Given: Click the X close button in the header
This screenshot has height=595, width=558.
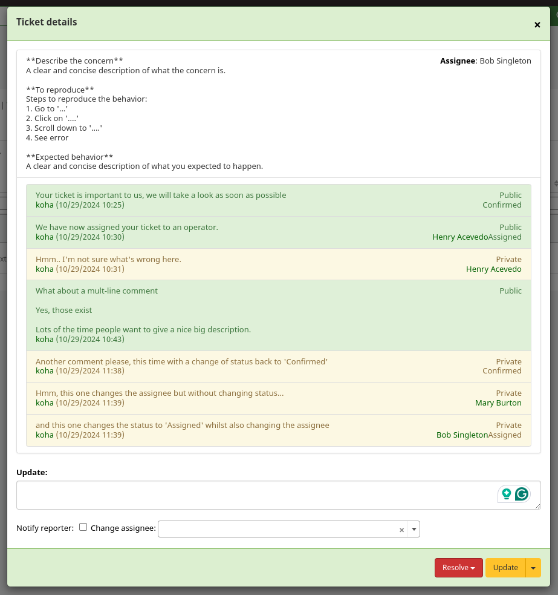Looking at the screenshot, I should point(537,25).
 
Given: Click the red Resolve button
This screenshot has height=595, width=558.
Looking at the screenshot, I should point(458,568).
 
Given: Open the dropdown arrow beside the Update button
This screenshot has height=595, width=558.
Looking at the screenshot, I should point(533,568).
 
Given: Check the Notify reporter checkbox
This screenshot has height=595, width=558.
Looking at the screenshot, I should point(83,527).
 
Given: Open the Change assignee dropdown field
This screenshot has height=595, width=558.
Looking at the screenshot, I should point(278,529).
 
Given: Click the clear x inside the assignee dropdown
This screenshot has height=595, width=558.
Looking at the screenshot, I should point(401,530).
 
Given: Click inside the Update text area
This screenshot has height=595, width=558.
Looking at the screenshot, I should point(254,495).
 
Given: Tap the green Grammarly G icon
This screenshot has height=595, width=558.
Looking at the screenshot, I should point(521,494).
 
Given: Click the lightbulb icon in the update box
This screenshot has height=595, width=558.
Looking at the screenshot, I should point(506,494).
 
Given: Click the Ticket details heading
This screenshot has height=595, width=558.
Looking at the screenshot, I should point(47,22).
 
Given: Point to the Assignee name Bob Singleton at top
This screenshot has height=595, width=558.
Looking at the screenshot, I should point(505,61).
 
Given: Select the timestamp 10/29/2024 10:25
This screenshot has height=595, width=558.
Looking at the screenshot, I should point(90,205).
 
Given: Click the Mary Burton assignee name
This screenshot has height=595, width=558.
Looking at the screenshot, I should point(498,403).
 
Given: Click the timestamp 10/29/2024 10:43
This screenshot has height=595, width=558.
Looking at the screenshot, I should point(90,339).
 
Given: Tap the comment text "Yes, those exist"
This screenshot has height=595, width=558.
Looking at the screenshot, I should point(64,310).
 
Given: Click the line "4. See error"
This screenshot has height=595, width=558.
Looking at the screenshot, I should point(47,138).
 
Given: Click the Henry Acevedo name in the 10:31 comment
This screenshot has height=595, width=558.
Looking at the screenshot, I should point(493,269).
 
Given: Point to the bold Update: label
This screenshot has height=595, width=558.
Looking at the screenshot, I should point(31,472).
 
